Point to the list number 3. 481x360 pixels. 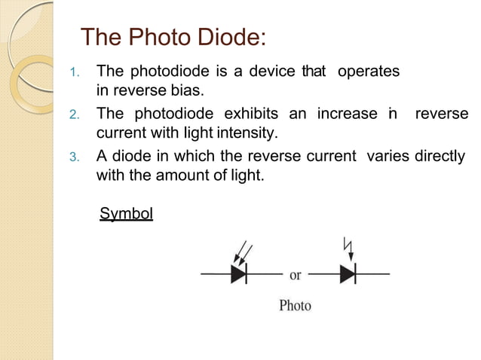pos(74,158)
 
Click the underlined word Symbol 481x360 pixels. pos(127,215)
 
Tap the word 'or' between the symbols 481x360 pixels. pos(296,275)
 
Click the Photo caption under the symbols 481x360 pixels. pos(295,306)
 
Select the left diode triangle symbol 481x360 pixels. pos(239,274)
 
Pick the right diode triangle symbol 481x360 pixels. pos(348,274)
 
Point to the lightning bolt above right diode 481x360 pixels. pos(348,247)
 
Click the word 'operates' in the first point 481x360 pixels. pos(369,72)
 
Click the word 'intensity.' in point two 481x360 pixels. pos(250,134)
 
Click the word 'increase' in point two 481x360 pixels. pos(347,114)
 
